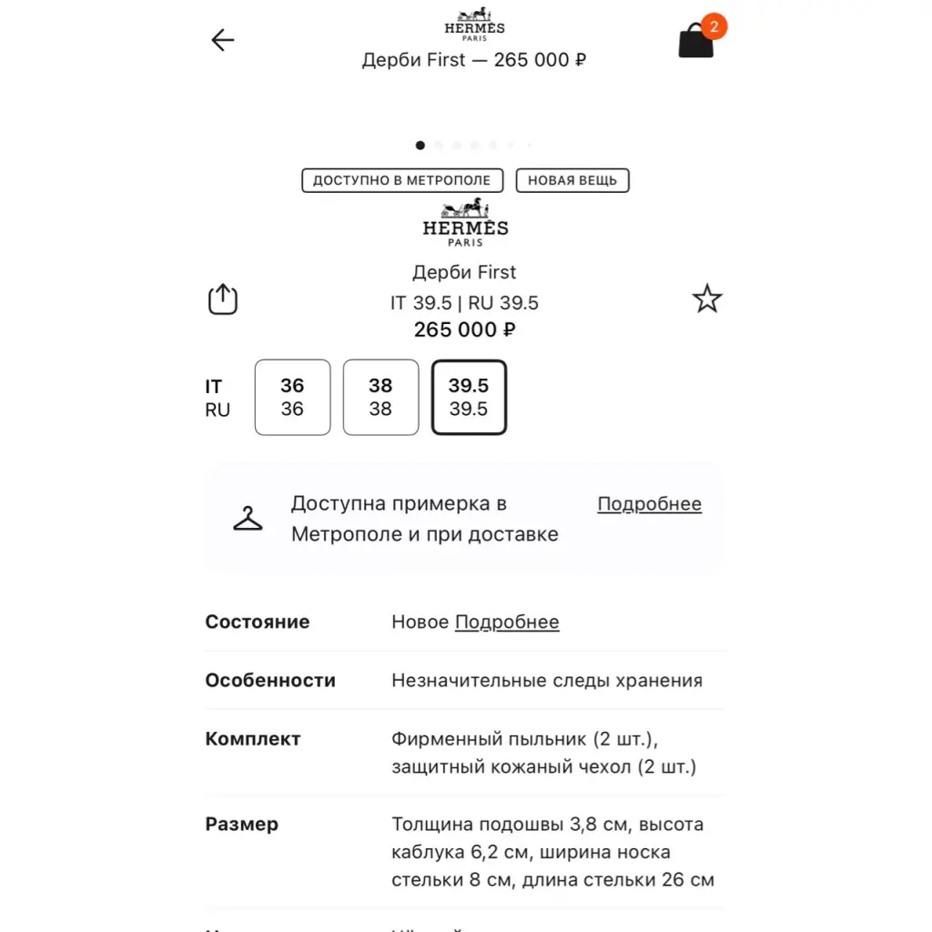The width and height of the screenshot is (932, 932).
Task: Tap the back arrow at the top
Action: pos(223,40)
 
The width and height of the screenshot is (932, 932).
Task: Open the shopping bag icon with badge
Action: pos(696,42)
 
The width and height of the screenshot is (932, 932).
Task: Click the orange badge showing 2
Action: pos(714,26)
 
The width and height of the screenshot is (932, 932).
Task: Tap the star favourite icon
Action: pos(707,299)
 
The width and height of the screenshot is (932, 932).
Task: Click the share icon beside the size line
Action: pos(223,299)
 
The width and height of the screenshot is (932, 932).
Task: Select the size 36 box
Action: pos(292,398)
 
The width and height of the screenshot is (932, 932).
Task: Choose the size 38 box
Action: pos(380,398)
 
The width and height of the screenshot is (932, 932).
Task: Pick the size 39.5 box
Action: pos(469,398)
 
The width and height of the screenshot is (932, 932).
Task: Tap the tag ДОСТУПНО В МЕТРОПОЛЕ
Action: pos(401,180)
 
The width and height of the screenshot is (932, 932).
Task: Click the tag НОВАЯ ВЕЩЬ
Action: pos(572,180)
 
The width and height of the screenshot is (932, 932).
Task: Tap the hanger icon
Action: pos(248,519)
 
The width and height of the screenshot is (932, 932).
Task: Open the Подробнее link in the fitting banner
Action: pos(649,504)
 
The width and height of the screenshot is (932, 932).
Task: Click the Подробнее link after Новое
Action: pos(507,623)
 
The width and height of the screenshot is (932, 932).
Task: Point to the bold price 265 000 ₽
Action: pos(464,329)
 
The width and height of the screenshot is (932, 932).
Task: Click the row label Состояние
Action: pos(258,623)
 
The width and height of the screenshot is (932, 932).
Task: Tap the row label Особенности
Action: pos(270,681)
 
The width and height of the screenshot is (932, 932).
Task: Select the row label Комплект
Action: pos(253,739)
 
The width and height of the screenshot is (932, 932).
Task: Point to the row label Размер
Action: pos(242,825)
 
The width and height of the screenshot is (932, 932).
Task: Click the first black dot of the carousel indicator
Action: pos(420,145)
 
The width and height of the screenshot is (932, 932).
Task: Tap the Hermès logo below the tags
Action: pos(465,223)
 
